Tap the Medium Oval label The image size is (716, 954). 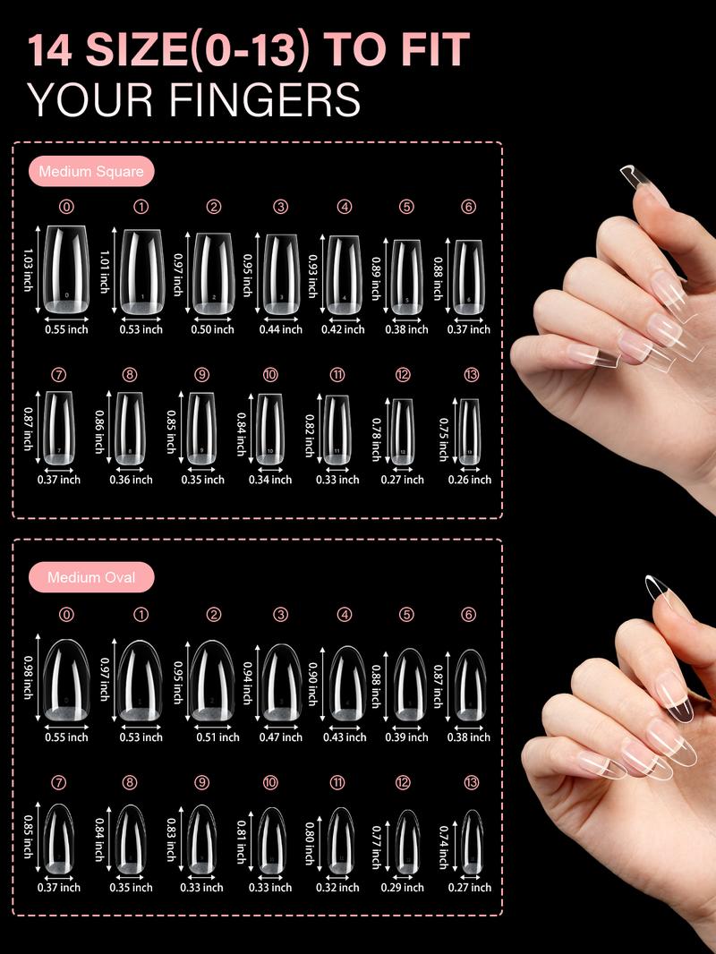click(x=91, y=577)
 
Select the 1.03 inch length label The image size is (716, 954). click(x=30, y=270)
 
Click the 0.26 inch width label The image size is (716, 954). click(x=470, y=480)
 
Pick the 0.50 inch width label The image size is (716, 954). click(x=213, y=329)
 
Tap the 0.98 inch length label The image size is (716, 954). click(x=30, y=677)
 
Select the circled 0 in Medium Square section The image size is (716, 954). click(x=67, y=207)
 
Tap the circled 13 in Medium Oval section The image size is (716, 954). click(x=472, y=782)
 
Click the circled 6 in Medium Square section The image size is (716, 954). click(x=469, y=207)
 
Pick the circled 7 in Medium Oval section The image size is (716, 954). click(x=59, y=782)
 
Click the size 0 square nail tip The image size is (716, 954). click(x=67, y=269)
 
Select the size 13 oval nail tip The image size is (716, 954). click(x=471, y=842)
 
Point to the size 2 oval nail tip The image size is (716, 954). click(x=212, y=680)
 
